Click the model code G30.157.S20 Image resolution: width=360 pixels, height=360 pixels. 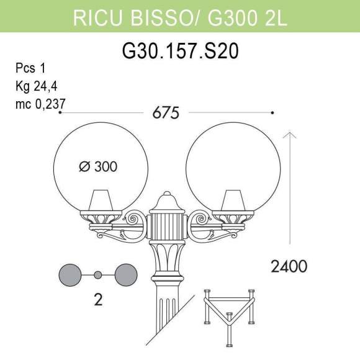[x=179, y=50]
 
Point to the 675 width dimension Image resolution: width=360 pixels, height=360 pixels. [x=166, y=113]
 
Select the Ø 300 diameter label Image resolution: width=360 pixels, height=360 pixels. [x=99, y=166]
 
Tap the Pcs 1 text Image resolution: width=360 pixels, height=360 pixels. [x=30, y=68]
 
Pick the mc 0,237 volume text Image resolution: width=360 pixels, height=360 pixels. [x=41, y=104]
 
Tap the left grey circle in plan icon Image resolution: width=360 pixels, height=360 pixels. [x=70, y=274]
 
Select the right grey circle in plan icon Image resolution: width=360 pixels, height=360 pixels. [x=126, y=274]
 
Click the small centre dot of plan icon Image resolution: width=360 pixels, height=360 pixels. [x=97, y=274]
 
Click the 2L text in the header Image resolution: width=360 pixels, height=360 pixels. [x=274, y=18]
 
